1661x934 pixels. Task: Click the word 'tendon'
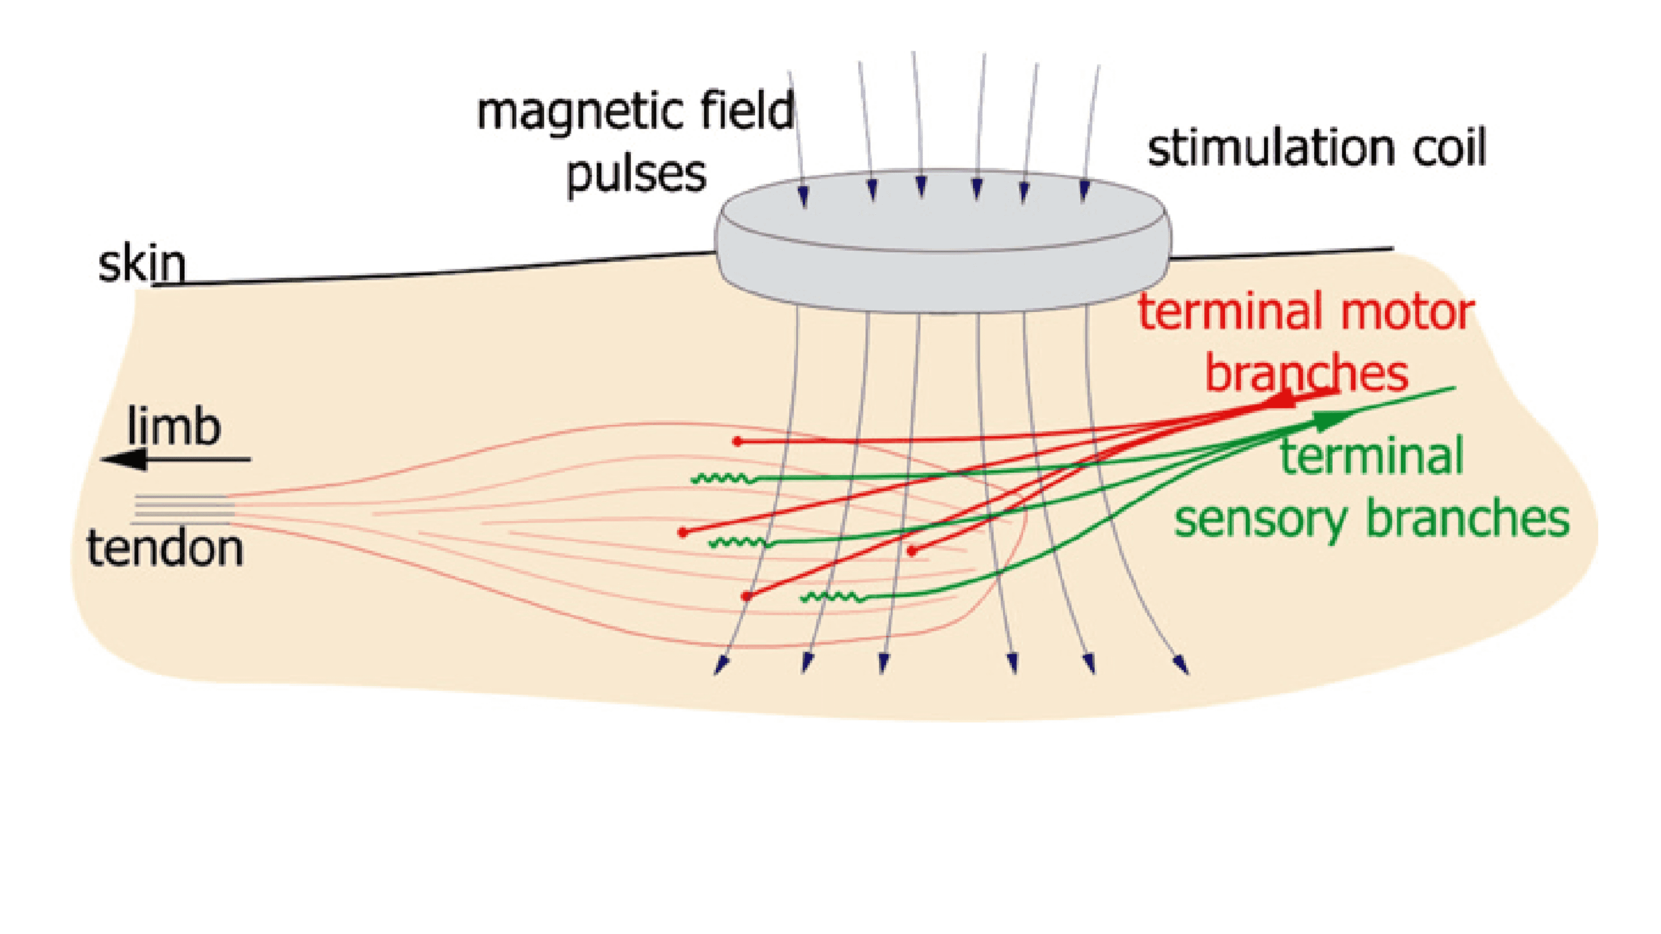165,548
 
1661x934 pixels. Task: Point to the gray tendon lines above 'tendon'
184,509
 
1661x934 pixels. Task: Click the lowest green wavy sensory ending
832,597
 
